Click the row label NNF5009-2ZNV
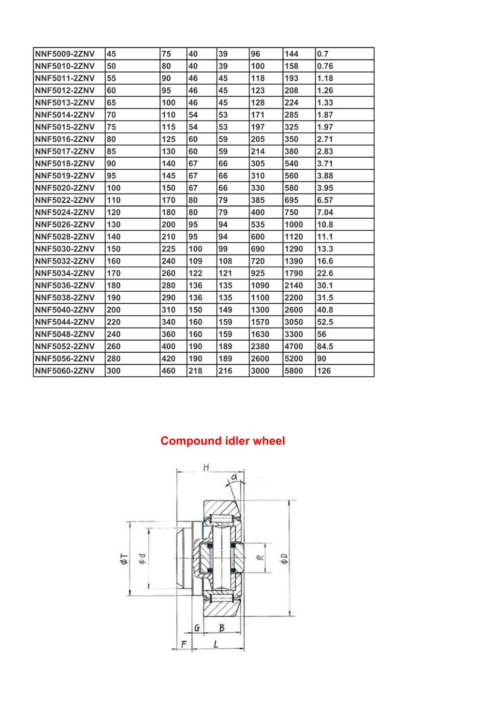(x=65, y=54)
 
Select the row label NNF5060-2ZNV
(x=65, y=371)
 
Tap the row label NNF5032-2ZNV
(x=65, y=261)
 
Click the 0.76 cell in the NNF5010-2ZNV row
(x=325, y=66)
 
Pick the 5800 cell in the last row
(x=293, y=371)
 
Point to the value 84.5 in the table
(x=325, y=346)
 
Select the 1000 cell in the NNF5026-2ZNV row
(x=293, y=224)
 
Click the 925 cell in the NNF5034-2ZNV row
(x=258, y=273)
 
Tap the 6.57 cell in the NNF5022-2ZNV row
(x=325, y=200)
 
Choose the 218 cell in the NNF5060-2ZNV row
(x=195, y=371)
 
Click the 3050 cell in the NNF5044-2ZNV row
(x=293, y=322)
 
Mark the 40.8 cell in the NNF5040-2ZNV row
(x=325, y=310)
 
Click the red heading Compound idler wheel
(x=222, y=441)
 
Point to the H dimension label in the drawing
(x=206, y=467)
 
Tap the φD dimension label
(x=284, y=558)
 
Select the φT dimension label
(x=124, y=560)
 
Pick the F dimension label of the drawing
(x=183, y=643)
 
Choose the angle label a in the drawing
(x=234, y=477)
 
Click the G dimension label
(x=197, y=628)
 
